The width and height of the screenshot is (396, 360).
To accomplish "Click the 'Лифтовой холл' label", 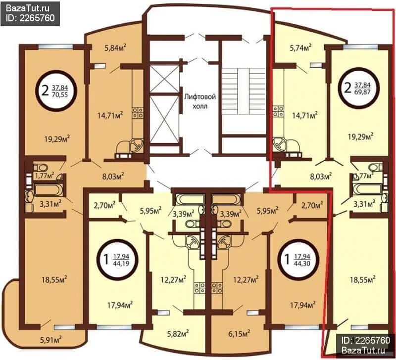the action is (x=200, y=101).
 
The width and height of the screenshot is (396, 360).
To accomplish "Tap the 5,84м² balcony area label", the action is (x=115, y=47).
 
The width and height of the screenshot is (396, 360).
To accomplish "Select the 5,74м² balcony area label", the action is (x=300, y=47).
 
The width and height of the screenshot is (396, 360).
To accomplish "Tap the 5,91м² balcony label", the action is (x=51, y=340).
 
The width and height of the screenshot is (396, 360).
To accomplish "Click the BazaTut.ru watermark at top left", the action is (x=28, y=8).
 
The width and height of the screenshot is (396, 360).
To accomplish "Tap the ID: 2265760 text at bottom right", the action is (x=366, y=340).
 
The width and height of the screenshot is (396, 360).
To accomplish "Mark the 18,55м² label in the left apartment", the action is (x=54, y=279).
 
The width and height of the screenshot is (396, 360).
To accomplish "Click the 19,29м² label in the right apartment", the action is (x=361, y=136).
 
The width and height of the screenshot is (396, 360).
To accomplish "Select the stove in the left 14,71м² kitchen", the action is (x=138, y=113).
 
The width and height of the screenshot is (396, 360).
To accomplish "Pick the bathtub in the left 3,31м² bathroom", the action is (x=49, y=190).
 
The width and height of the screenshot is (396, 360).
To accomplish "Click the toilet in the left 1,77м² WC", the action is (x=41, y=167).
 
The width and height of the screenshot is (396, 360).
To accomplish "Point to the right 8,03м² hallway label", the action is (x=321, y=176).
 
